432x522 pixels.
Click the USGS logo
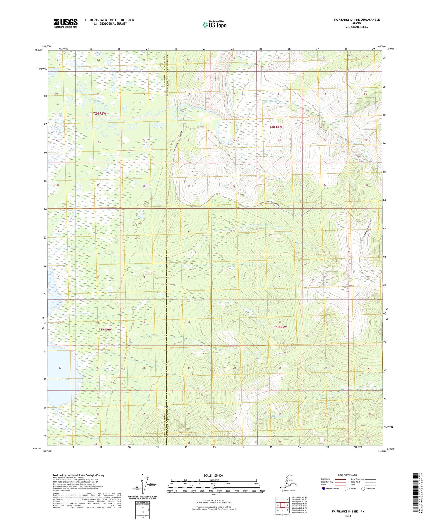click(65, 23)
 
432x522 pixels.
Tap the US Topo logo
click(214, 24)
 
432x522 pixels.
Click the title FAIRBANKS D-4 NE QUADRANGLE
click(357, 20)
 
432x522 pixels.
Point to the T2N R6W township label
click(99, 114)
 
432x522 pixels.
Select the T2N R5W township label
click(275, 127)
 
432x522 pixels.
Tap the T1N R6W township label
click(105, 329)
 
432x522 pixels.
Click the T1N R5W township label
click(280, 327)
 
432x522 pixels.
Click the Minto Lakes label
click(65, 379)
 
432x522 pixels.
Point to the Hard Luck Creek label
click(271, 101)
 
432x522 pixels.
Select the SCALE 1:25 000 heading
click(214, 476)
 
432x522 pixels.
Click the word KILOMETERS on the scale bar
click(214, 480)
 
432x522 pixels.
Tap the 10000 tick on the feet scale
click(262, 491)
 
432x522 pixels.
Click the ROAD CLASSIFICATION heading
click(348, 475)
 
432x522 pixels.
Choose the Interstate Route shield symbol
click(323, 489)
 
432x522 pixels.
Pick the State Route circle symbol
click(363, 489)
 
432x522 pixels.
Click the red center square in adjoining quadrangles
click(283, 505)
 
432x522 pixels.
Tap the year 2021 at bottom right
click(348, 516)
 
